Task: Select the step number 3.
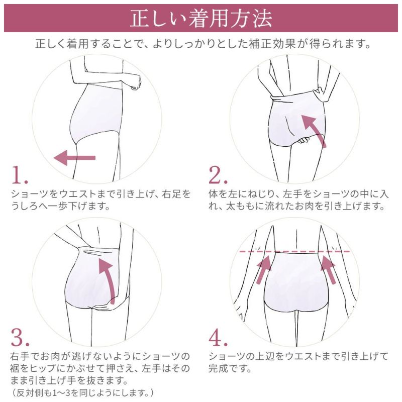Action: tap(21, 338)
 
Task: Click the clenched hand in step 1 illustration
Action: tap(134, 84)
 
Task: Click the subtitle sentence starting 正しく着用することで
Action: tap(201, 45)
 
